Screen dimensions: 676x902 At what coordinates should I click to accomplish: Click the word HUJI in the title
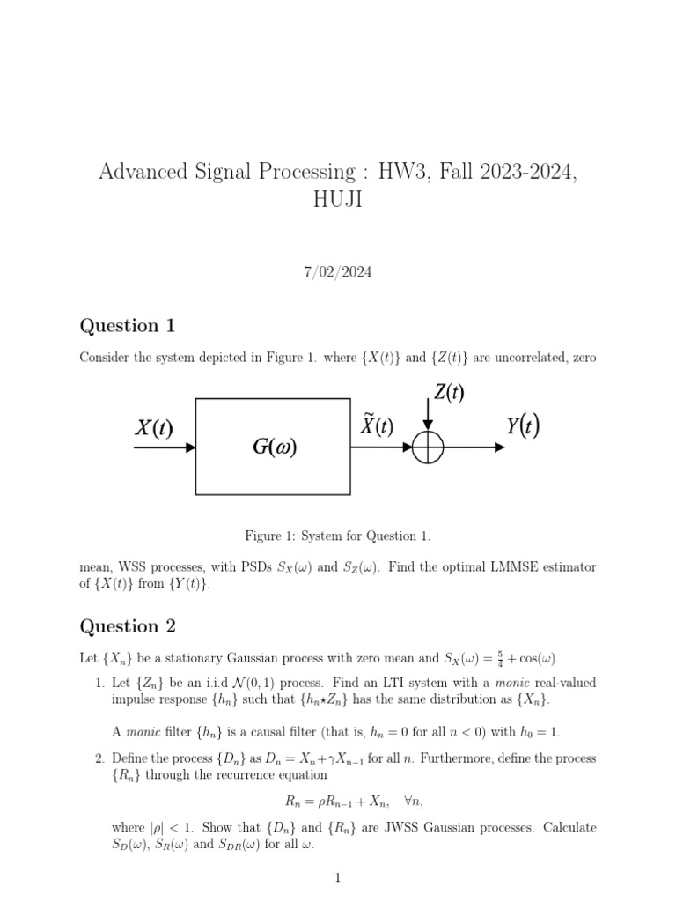[337, 200]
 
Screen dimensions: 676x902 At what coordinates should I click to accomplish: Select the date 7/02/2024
[338, 272]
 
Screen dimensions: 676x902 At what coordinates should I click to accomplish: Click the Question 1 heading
[128, 326]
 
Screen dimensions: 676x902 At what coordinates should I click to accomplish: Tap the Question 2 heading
[128, 626]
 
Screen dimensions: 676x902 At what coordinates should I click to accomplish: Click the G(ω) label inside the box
[274, 447]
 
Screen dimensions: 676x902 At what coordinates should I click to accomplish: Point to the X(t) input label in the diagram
[153, 428]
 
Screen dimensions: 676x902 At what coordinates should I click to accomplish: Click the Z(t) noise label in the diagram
[449, 393]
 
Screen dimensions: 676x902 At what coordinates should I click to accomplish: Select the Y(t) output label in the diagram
[523, 426]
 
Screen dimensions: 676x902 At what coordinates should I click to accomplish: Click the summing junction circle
[429, 447]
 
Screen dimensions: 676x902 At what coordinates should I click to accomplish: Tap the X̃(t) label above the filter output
[377, 426]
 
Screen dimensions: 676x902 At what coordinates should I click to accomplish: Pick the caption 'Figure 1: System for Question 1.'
[338, 536]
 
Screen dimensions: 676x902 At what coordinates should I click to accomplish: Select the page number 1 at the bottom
[338, 877]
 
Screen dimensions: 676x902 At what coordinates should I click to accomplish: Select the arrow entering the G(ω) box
[165, 447]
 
